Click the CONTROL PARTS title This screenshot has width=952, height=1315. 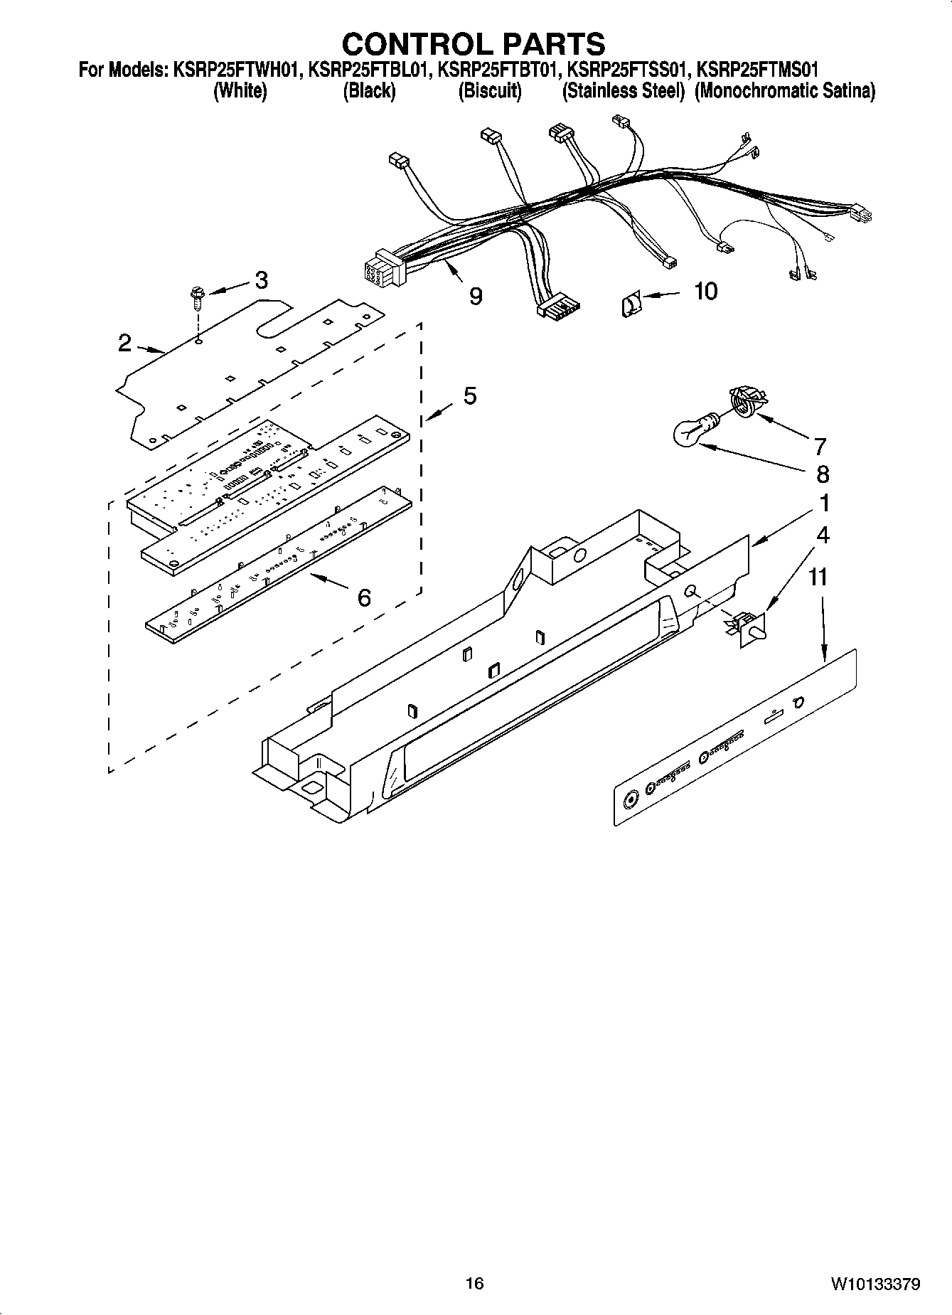[474, 43]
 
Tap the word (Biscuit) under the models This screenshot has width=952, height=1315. [490, 91]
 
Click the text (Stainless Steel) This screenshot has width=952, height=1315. [623, 91]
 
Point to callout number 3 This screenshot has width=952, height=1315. [261, 281]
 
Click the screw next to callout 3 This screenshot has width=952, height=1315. [197, 297]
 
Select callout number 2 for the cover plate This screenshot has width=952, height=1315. [124, 344]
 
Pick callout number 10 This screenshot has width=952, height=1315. [705, 291]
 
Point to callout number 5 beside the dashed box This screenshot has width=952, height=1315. [470, 396]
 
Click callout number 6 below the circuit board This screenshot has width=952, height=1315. [363, 597]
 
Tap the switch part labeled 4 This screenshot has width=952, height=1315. [747, 627]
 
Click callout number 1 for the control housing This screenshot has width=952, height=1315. [823, 503]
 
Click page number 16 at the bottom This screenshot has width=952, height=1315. [474, 1284]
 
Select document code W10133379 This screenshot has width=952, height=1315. [874, 1284]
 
